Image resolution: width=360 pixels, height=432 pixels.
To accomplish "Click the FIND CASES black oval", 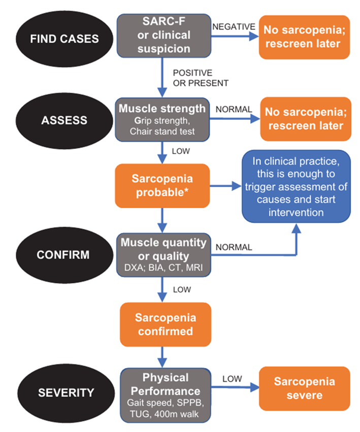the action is click(64, 39).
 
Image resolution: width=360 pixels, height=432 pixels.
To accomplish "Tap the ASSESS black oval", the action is click(64, 121).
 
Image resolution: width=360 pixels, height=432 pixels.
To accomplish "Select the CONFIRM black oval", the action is click(64, 255).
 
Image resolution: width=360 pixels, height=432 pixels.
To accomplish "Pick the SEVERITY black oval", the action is click(66, 393).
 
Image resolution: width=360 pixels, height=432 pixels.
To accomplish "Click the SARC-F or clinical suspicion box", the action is click(164, 36).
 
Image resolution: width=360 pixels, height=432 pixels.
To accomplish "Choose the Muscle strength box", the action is click(162, 120).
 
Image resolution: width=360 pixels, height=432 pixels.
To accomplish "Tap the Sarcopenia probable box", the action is click(162, 186).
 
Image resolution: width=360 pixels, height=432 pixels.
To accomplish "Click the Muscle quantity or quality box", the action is click(163, 255).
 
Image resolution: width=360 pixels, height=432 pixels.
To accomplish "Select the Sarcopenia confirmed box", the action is click(166, 324).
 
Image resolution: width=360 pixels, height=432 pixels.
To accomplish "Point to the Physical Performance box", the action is click(166, 395).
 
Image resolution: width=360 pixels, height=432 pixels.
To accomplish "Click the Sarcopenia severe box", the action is click(304, 388).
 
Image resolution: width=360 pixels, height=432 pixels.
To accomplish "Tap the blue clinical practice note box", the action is click(297, 186).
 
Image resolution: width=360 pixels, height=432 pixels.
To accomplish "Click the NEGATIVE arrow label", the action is click(234, 27).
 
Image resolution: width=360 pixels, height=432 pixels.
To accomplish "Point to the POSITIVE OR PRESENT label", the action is click(201, 78).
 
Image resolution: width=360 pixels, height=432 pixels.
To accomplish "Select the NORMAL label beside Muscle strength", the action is click(234, 109).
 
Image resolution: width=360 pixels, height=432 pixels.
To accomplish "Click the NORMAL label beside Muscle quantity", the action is click(234, 247).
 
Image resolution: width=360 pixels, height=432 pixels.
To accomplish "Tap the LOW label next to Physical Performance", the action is click(232, 379).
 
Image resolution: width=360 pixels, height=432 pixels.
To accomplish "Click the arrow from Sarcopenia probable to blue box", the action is click(226, 186).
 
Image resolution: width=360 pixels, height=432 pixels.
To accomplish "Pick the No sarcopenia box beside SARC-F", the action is click(304, 37).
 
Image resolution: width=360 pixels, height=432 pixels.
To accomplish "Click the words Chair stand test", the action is click(162, 131).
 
